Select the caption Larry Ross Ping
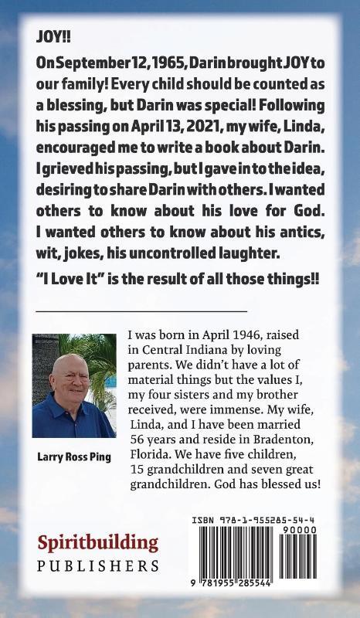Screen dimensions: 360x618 click(74, 457)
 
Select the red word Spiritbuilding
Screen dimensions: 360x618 click(97, 543)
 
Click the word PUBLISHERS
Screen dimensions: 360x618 click(97, 566)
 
